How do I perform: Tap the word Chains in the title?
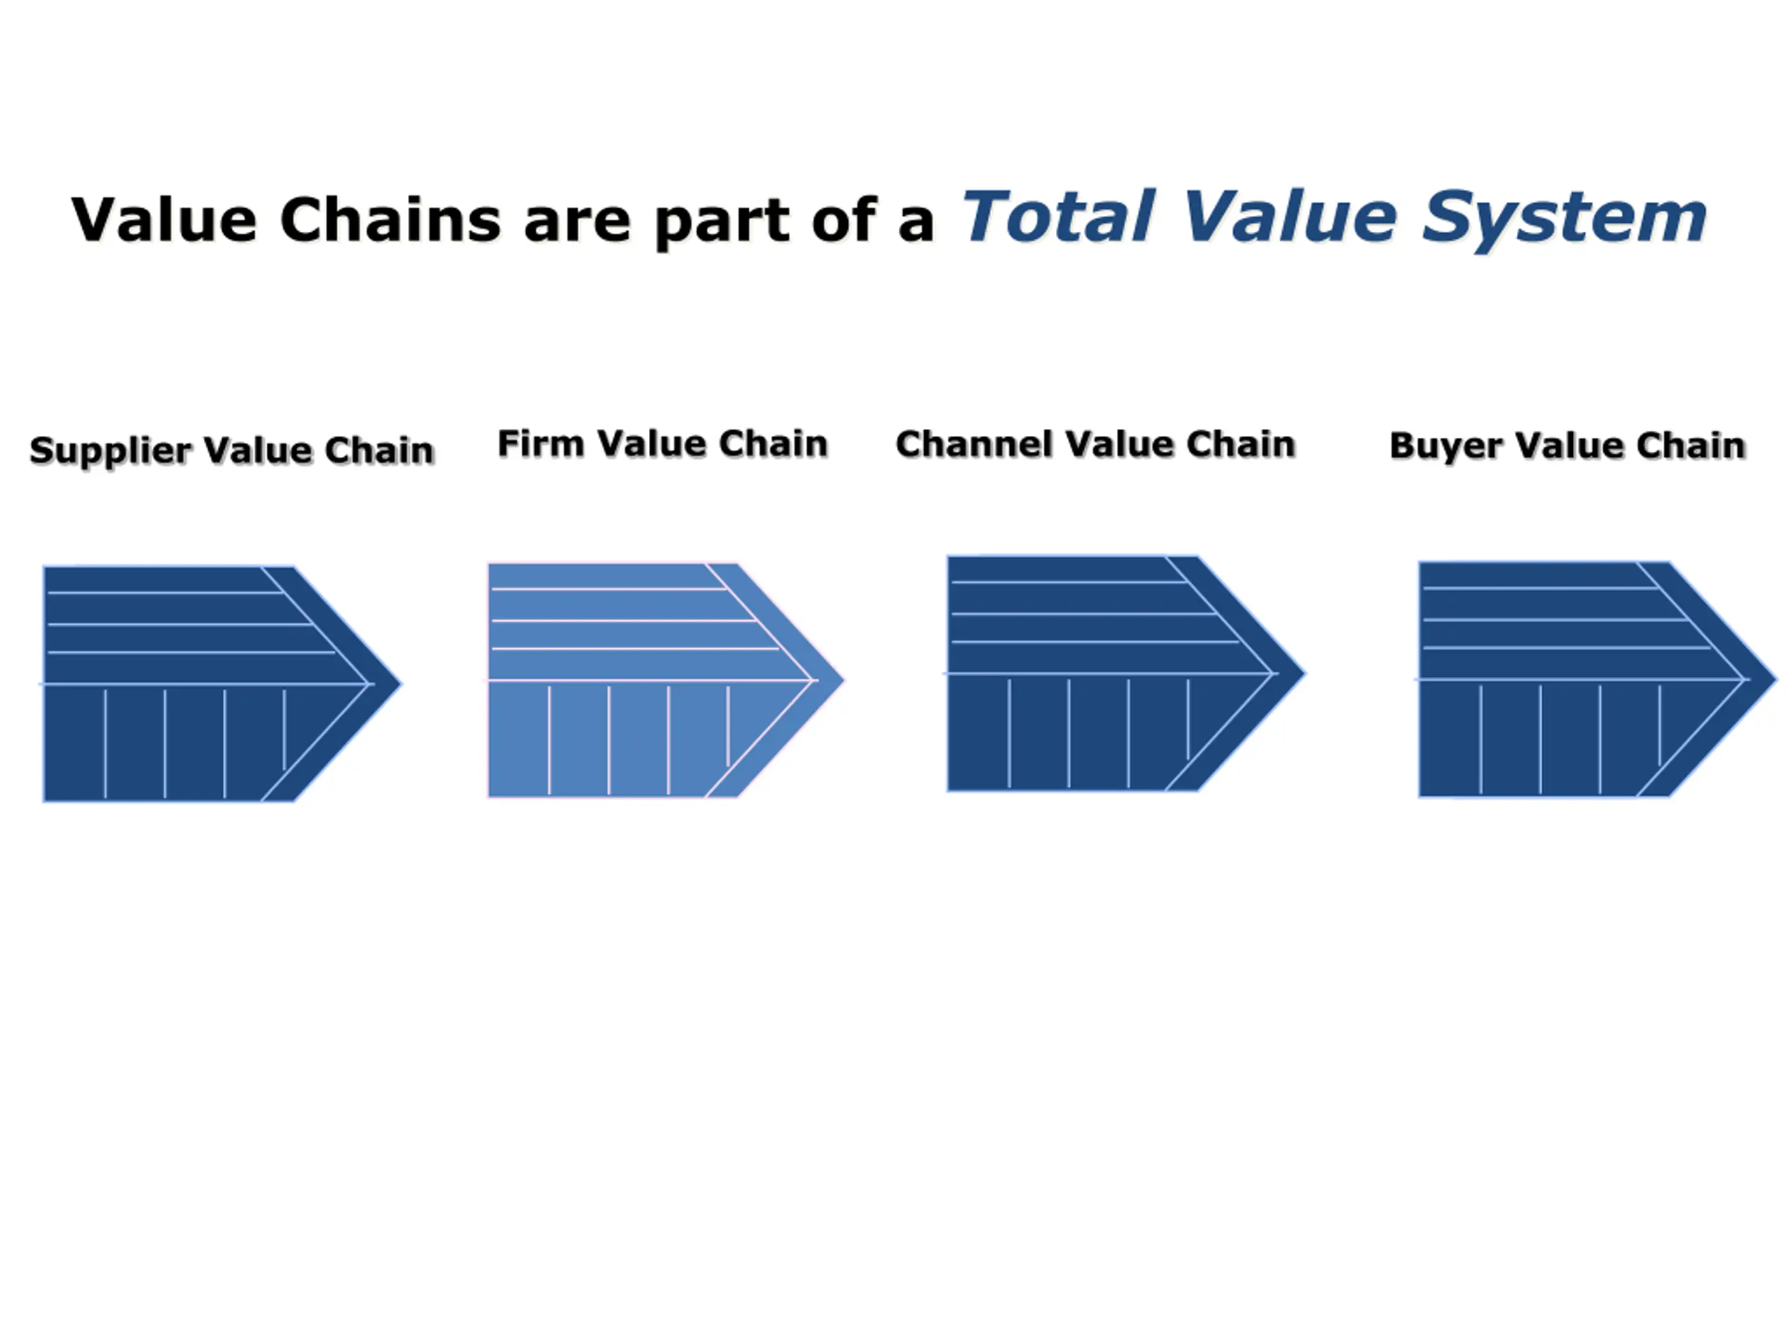click(x=390, y=220)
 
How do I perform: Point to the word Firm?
click(x=540, y=443)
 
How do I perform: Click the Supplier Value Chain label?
click(x=232, y=450)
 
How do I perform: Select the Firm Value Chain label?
click(x=663, y=443)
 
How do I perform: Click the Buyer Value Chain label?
click(x=1567, y=446)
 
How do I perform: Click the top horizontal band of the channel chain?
click(x=1059, y=569)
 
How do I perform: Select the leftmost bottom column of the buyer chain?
click(x=1450, y=739)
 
